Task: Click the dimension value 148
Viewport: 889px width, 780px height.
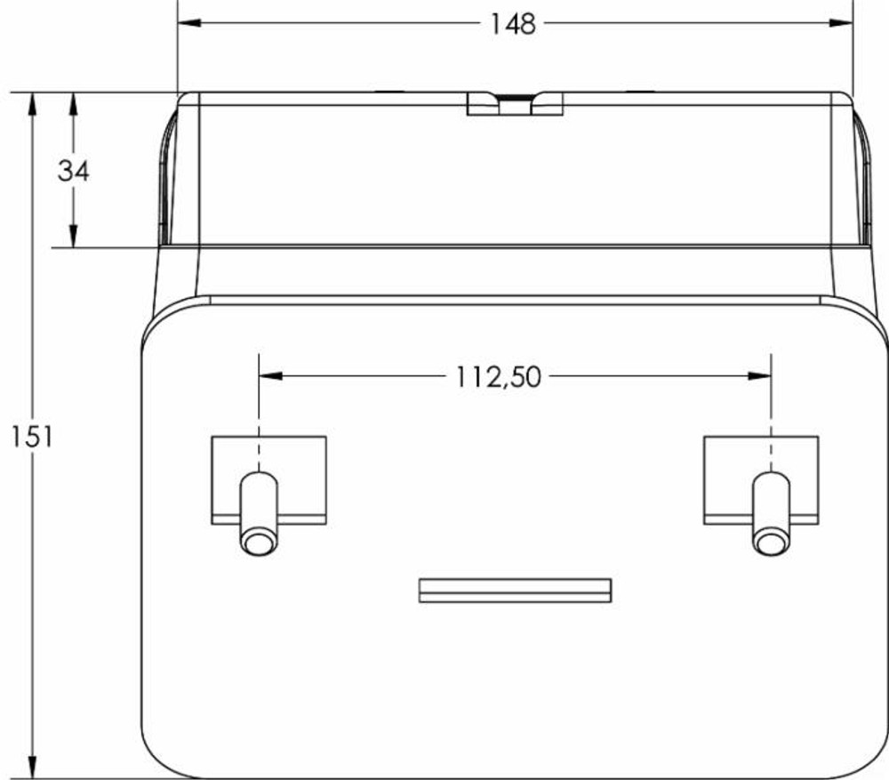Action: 514,24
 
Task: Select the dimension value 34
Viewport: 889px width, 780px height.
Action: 74,170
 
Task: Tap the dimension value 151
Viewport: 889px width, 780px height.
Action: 31,436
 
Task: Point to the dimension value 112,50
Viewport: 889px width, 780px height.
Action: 499,377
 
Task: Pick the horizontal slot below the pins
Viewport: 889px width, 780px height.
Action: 515,591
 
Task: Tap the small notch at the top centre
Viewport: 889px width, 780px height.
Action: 515,105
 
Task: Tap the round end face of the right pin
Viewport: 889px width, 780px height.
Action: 770,542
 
